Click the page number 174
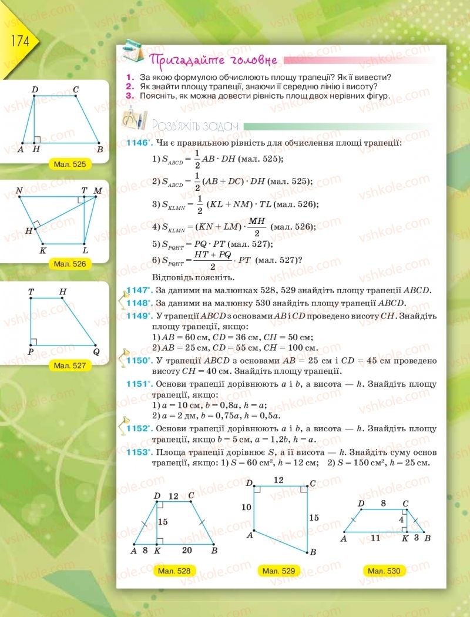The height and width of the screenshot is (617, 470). (x=17, y=43)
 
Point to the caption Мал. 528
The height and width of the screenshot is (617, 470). (x=174, y=571)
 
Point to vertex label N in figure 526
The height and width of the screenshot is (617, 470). (x=19, y=190)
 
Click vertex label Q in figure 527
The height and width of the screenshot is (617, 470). (x=96, y=352)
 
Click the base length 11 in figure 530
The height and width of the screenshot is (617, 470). (x=375, y=537)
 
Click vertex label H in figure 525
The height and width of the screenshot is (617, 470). (x=36, y=150)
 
